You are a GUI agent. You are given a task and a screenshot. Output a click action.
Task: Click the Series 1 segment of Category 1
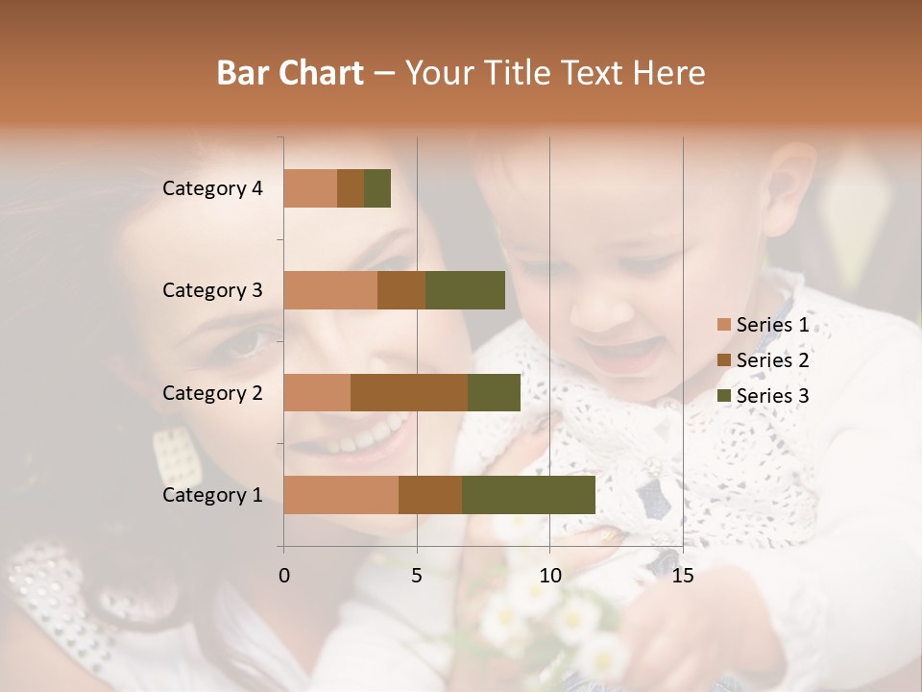coord(341,495)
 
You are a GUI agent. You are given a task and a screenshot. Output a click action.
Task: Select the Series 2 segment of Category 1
coord(430,495)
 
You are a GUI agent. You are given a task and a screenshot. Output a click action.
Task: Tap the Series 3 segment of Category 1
coord(528,495)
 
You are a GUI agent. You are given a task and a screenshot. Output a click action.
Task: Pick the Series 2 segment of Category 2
coord(409,392)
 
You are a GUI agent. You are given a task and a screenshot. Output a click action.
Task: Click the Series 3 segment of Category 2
coord(494,392)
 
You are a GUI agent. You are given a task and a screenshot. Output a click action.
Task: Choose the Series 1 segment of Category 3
coord(330,290)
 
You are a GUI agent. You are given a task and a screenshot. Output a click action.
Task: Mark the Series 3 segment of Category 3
coord(465,290)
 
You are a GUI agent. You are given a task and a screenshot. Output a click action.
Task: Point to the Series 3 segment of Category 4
coord(377,188)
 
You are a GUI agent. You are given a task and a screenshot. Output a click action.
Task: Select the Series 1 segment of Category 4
coord(310,188)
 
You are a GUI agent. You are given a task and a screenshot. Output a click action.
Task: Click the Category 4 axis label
coord(212,188)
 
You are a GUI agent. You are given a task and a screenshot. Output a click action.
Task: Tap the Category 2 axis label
coord(212,392)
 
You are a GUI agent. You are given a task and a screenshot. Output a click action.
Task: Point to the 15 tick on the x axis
coord(682,576)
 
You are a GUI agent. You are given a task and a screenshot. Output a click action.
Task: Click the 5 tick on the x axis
coord(417,576)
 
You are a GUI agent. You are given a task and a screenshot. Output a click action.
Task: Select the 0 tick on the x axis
coord(284,576)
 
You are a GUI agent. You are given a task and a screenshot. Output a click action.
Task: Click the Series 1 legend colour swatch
coord(724,325)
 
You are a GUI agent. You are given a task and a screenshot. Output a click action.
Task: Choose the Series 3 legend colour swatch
coord(724,396)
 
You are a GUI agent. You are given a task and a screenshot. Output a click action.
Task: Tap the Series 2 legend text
coord(772,360)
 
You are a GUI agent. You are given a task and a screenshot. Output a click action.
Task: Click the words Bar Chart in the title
coord(290,72)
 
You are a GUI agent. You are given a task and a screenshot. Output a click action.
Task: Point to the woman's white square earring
coord(177,456)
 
